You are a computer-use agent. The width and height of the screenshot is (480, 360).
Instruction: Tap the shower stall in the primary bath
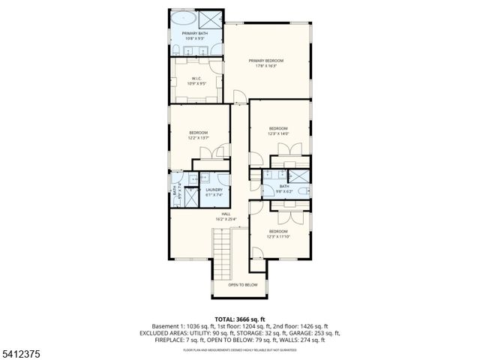pos(212,19)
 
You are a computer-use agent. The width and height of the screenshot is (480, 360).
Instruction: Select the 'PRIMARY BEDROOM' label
pos(267,61)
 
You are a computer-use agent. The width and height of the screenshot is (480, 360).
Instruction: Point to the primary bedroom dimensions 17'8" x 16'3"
pos(267,66)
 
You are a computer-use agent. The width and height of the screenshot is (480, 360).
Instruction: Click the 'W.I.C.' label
pos(196,79)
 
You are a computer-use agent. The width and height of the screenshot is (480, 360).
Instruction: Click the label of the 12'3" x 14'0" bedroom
pos(278,129)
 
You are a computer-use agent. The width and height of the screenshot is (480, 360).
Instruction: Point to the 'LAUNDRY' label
pos(214,190)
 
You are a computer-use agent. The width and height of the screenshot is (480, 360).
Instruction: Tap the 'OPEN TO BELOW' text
pos(243,285)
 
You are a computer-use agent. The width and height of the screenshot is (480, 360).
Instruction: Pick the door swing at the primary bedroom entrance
pos(240,96)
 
